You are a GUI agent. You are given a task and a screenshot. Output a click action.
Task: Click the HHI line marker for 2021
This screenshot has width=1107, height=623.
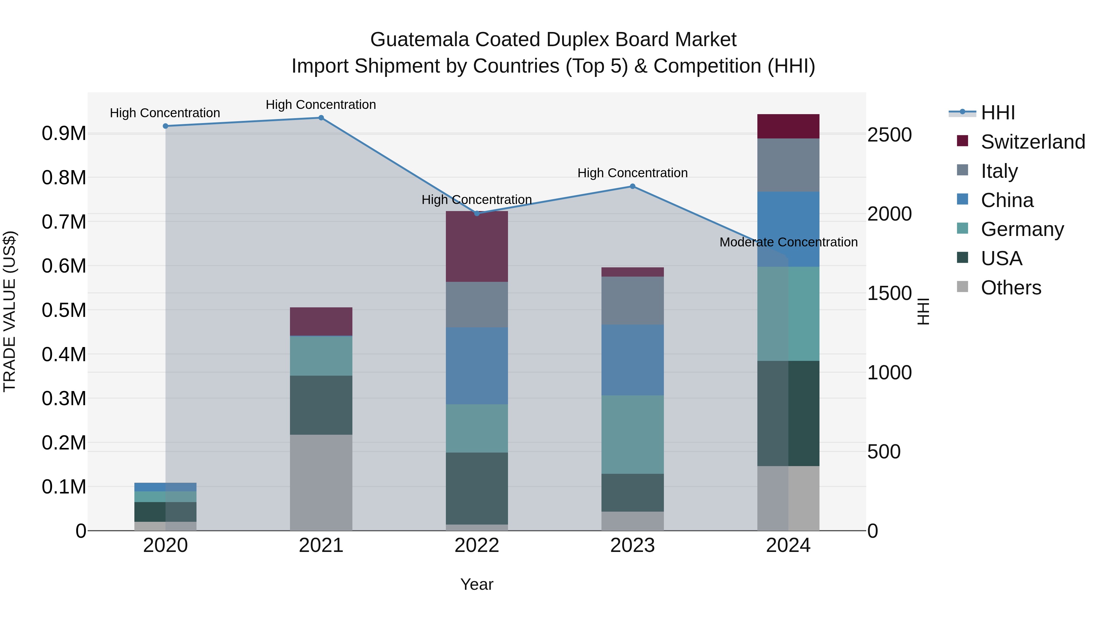(x=321, y=118)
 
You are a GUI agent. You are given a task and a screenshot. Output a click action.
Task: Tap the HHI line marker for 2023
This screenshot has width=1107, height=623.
(x=633, y=186)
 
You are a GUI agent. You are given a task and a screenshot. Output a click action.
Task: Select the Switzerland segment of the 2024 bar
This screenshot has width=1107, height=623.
(x=788, y=126)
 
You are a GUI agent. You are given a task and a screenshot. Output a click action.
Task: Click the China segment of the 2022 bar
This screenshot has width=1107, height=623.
(x=477, y=366)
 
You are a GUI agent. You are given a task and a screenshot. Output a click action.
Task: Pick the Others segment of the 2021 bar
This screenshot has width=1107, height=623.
(x=321, y=482)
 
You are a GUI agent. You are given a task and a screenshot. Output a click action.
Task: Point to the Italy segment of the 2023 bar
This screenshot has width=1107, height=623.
(x=633, y=301)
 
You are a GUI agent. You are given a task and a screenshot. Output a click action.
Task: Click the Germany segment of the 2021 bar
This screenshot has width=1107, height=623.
(x=321, y=356)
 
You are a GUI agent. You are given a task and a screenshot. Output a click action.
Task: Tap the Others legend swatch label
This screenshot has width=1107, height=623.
(x=1011, y=288)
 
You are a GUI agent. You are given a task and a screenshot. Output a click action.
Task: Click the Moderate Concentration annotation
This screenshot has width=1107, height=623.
(x=788, y=242)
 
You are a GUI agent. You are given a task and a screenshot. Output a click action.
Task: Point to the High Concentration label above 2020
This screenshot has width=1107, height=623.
(x=165, y=113)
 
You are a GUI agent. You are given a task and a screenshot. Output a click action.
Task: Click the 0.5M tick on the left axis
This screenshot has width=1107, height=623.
(x=64, y=310)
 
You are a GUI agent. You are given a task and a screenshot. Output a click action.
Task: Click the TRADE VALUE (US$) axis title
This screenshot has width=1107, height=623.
(x=10, y=311)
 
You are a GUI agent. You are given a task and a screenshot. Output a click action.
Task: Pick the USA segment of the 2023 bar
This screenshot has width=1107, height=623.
(x=633, y=493)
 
